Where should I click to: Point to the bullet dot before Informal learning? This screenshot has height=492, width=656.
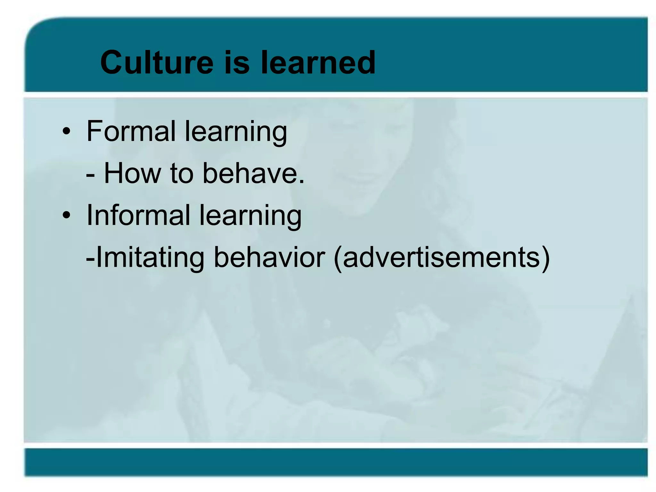point(66,215)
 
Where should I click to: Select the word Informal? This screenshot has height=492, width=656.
point(138,215)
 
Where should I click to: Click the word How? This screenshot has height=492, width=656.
point(133,173)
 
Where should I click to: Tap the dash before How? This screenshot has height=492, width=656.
point(90,176)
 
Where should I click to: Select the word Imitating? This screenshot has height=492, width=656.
point(150,258)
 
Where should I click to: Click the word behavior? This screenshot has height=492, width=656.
point(269,257)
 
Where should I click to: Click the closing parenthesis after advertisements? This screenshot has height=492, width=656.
point(545,258)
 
